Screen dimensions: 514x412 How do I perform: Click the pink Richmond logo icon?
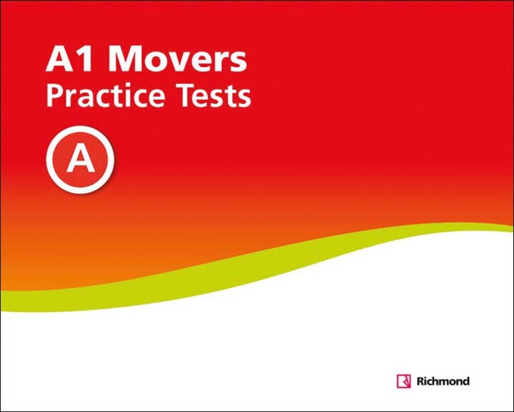(x=403, y=381)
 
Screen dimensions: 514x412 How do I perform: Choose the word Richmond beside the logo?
(x=443, y=381)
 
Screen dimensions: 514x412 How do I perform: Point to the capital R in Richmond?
(x=420, y=381)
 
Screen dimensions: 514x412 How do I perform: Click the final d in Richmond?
(x=465, y=381)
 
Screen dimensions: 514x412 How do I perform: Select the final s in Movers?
(x=237, y=64)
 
